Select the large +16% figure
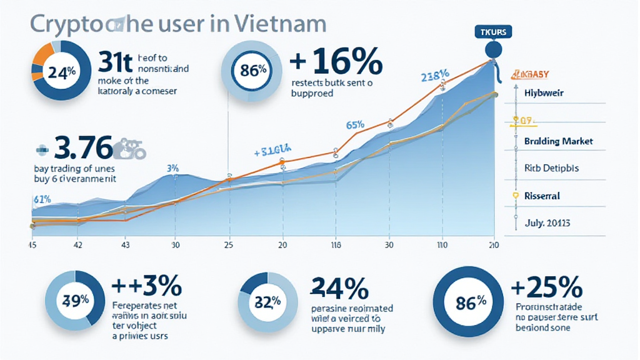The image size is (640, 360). [336, 64]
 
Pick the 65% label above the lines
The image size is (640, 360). [355, 124]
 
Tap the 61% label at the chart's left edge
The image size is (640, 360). [41, 199]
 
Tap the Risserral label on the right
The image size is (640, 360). [542, 196]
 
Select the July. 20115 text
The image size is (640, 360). [547, 222]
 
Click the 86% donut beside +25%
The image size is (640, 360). [471, 302]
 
